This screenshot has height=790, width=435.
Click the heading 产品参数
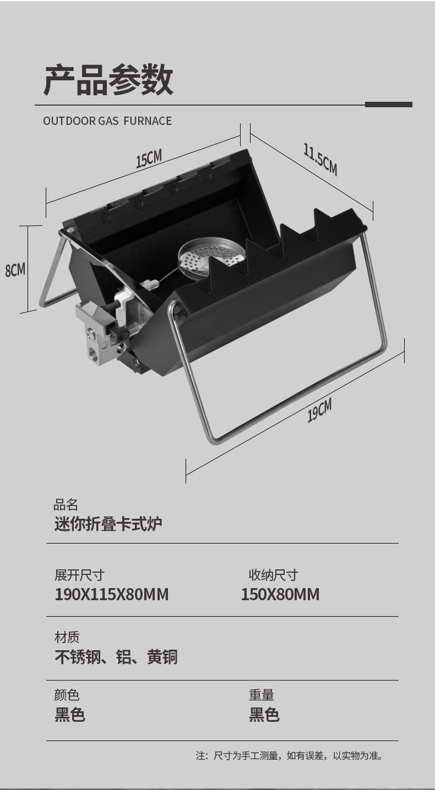tap(108, 80)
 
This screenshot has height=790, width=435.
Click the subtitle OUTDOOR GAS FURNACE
tap(107, 121)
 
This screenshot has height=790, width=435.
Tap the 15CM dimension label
tap(149, 159)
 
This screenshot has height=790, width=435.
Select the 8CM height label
tap(15, 270)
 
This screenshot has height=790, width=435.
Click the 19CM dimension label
tap(319, 410)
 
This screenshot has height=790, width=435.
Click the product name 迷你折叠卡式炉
tap(108, 524)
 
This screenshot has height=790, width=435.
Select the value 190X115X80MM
tap(112, 595)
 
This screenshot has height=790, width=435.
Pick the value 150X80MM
tap(280, 595)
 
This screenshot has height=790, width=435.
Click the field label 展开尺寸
tap(79, 575)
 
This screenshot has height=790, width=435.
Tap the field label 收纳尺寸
tap(274, 575)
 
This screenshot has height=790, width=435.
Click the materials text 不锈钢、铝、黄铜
tap(116, 657)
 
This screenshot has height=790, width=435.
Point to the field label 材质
tap(67, 638)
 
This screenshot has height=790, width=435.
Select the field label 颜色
tap(67, 695)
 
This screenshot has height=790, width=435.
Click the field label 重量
tap(262, 695)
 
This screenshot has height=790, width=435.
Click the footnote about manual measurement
tap(289, 756)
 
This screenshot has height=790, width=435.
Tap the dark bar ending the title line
tap(388, 105)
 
